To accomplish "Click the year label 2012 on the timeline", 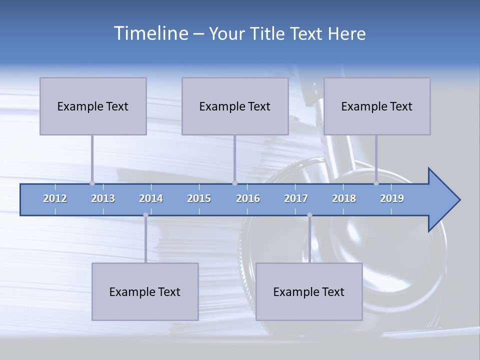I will tap(55, 199).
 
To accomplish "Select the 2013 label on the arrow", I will tap(103, 199).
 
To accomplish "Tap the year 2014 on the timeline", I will tap(151, 199).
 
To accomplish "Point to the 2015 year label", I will tap(199, 199).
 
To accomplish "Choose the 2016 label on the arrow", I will tap(248, 199).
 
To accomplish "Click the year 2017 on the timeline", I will tap(296, 199).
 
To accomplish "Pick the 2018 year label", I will tap(344, 199).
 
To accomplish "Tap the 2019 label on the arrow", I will tap(392, 199).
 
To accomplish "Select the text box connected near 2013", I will tap(93, 106).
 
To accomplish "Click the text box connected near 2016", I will tap(235, 106).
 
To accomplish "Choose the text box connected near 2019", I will tap(377, 106).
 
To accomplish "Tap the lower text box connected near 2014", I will tap(145, 291).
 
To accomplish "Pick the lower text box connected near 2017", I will tap(309, 291).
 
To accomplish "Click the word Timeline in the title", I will tap(150, 33).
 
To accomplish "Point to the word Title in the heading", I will tap(271, 34).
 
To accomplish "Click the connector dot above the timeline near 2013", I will tap(92, 183).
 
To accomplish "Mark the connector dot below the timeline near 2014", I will tap(145, 215).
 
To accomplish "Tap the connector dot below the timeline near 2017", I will tap(309, 215).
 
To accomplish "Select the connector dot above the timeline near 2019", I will tap(376, 183).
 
